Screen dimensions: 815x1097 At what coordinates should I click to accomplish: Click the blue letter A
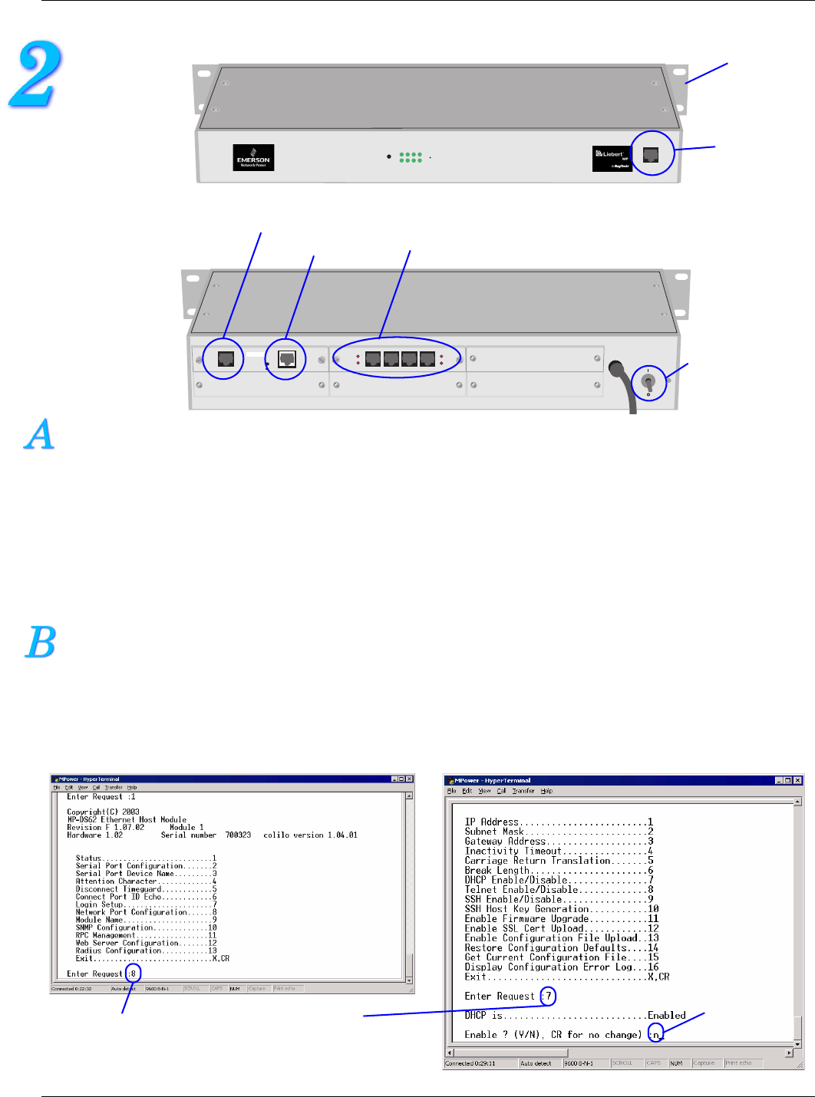(40, 434)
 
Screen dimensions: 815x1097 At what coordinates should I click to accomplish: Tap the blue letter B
(41, 643)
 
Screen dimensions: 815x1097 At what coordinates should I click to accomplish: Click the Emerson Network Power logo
(253, 158)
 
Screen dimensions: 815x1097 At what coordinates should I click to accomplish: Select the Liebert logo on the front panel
(611, 158)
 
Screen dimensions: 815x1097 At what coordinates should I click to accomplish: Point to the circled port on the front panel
(651, 154)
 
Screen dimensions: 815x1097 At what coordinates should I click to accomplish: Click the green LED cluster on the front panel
(411, 157)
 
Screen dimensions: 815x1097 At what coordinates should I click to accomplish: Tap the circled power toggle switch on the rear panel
(648, 381)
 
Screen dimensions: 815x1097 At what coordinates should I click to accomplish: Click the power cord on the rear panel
(625, 387)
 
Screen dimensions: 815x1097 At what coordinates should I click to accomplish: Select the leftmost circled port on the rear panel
(226, 358)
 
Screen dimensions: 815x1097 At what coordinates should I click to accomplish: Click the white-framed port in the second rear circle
(287, 358)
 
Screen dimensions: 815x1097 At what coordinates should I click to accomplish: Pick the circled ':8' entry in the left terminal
(133, 973)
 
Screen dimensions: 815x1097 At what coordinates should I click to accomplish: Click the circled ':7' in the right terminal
(547, 996)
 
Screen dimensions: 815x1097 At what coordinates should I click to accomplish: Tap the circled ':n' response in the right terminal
(655, 1034)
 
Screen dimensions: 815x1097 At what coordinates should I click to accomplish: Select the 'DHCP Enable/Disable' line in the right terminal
(516, 880)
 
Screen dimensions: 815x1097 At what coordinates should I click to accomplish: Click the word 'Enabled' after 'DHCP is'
(666, 1015)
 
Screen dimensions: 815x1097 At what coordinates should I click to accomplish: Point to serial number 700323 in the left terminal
(238, 835)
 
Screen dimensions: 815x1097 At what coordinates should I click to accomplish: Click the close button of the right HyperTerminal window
(798, 780)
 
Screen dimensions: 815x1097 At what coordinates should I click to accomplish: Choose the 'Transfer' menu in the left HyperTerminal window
(114, 787)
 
